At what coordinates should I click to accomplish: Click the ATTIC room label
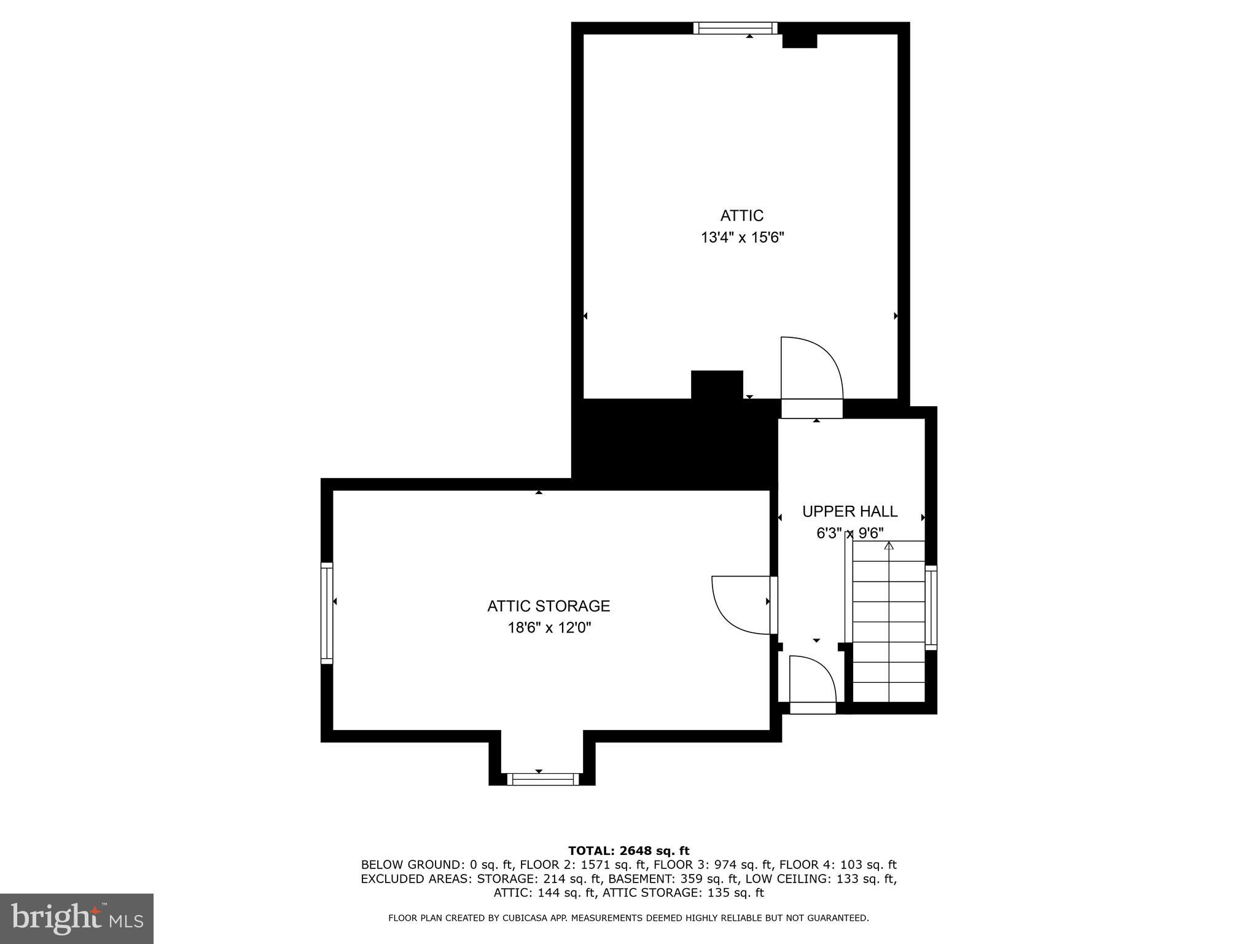pos(742,216)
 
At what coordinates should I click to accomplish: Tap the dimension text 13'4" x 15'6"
pos(743,238)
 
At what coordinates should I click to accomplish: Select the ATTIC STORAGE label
pos(549,606)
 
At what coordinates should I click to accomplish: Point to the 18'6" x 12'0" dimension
pos(549,628)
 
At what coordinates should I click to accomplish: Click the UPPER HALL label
pos(850,511)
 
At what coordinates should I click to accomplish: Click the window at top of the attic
pos(735,28)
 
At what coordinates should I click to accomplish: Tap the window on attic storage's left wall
pos(327,613)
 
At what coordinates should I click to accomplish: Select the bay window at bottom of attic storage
pos(543,779)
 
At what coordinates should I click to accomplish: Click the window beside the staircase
pos(931,607)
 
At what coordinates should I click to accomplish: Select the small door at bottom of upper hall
pos(812,682)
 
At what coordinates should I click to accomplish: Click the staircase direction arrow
pos(889,546)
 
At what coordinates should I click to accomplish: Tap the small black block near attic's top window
pos(799,41)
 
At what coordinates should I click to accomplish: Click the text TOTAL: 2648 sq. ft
pos(628,851)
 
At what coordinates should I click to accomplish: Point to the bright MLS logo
pos(77,918)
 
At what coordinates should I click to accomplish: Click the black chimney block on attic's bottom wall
pos(717,385)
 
